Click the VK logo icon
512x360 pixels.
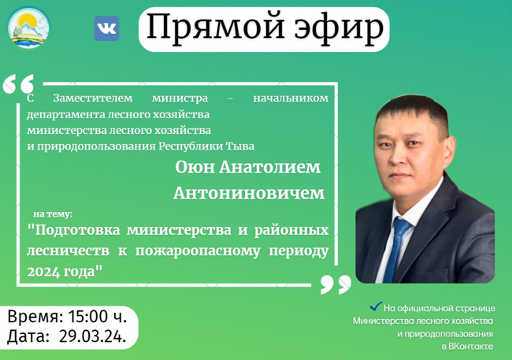coord(106,28)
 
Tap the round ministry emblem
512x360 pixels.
coord(28,28)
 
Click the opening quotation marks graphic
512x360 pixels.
coord(19,84)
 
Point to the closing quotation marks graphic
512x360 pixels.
coord(336,284)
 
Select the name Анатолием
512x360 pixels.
coord(269,167)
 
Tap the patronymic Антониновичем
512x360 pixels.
coord(249,193)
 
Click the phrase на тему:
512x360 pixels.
coord(53,214)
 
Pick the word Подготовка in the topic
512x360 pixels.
coord(74,230)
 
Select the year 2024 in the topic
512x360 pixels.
coord(42,272)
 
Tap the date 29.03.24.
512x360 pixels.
coord(92,336)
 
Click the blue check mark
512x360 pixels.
coord(376,306)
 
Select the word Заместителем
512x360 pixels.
coord(93,98)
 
